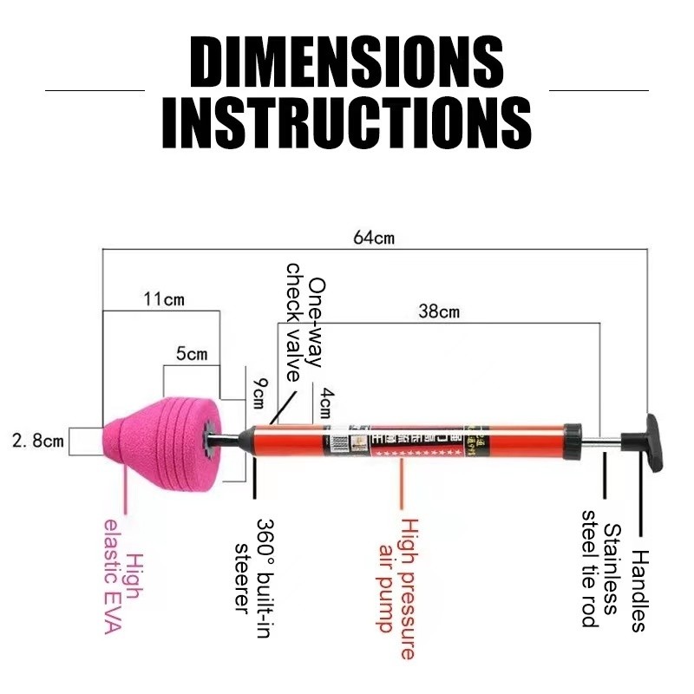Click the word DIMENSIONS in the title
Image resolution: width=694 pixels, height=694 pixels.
tap(347, 62)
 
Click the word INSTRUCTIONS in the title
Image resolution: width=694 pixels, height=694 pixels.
tap(347, 123)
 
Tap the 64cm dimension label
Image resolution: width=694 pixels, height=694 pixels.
tap(373, 237)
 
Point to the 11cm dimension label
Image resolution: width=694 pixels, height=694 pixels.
tap(164, 300)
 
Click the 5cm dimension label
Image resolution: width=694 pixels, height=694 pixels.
tap(192, 354)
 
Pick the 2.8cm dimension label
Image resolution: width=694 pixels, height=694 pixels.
tap(38, 441)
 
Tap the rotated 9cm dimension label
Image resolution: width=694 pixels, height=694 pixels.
tap(259, 395)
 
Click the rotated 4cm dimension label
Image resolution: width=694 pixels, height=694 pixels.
tap(327, 403)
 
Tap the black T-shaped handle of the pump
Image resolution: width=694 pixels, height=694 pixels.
tap(650, 438)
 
